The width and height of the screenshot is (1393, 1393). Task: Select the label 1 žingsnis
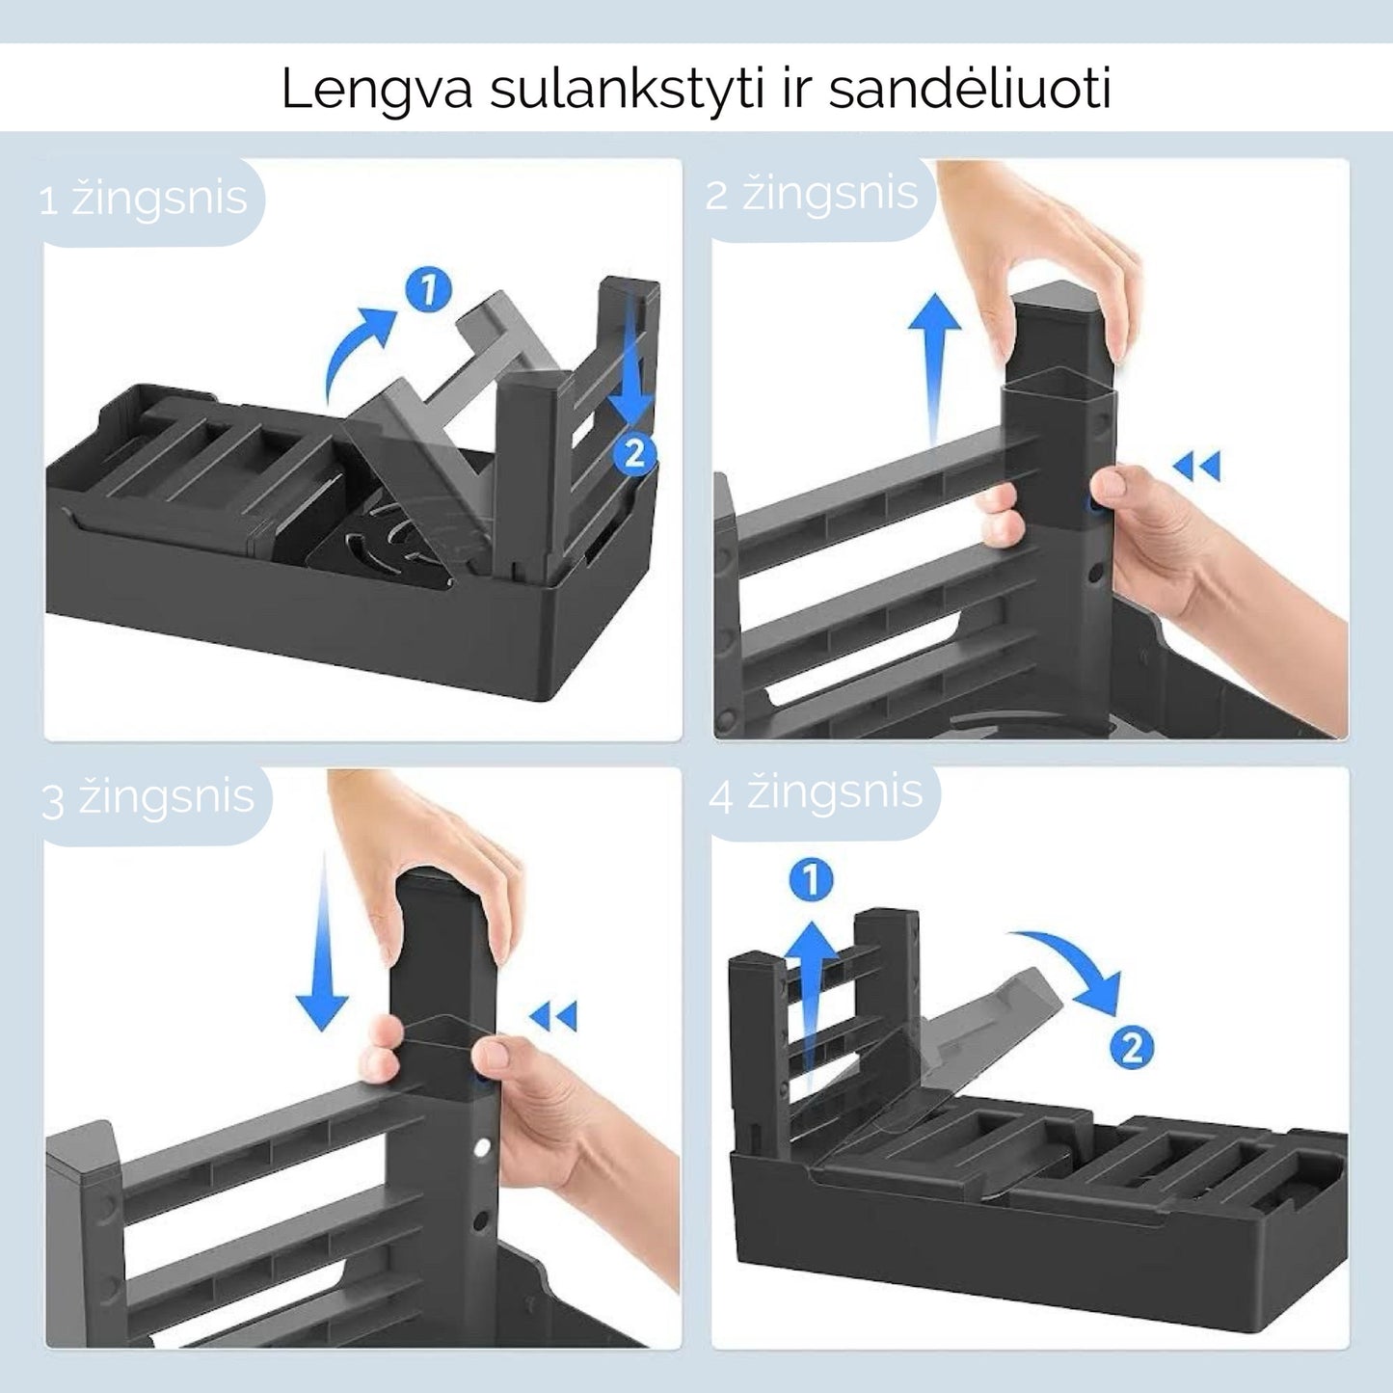(143, 199)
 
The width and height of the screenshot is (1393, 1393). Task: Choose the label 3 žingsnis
(148, 798)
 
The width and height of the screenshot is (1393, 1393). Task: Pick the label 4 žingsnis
(817, 792)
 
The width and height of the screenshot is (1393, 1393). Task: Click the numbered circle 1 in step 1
(429, 290)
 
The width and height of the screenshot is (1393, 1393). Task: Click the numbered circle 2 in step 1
(634, 453)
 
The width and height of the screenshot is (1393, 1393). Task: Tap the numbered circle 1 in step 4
(811, 880)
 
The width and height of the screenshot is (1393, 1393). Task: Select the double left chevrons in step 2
(1196, 466)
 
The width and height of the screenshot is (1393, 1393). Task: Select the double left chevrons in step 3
(553, 1016)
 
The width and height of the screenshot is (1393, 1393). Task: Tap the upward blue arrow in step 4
(811, 1012)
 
